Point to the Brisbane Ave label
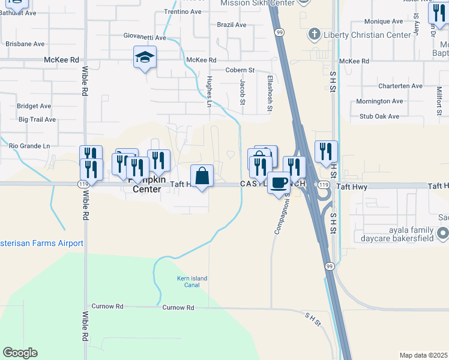tap(25, 44)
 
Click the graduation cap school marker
tap(145, 58)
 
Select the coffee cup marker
tap(279, 182)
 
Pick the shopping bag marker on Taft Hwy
tap(202, 176)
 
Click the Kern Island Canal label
tap(188, 281)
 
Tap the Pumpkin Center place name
tap(143, 189)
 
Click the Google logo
tap(20, 353)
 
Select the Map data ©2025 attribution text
tap(423, 355)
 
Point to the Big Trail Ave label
tap(37, 119)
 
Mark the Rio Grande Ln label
tap(29, 146)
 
